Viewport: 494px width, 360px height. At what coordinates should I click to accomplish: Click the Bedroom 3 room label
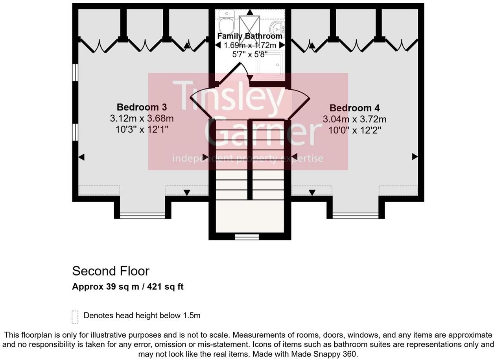[x=142, y=107]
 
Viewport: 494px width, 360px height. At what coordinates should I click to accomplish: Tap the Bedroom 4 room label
[x=355, y=108]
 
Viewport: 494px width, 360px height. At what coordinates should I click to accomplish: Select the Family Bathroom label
[x=250, y=36]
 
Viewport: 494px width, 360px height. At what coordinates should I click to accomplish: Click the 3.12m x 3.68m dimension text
[x=142, y=118]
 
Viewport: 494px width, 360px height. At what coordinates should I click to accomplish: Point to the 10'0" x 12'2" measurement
[x=355, y=130]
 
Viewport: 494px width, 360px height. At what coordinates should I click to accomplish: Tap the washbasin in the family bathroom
[x=277, y=29]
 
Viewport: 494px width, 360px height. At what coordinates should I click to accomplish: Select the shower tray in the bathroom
[x=270, y=65]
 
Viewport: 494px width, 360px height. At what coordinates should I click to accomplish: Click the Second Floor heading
[x=111, y=271]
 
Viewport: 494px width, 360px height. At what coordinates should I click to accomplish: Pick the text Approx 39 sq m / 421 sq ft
[x=128, y=286]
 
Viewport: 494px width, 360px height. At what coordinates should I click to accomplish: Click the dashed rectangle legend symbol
[x=75, y=317]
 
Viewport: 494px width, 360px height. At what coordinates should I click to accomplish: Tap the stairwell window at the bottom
[x=247, y=237]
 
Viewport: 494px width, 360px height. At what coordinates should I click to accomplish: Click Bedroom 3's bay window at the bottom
[x=142, y=216]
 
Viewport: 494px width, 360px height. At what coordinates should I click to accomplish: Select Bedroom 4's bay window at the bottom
[x=356, y=216]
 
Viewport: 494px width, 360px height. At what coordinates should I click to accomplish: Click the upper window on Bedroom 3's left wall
[x=75, y=72]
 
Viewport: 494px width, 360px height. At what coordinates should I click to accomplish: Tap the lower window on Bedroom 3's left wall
[x=75, y=132]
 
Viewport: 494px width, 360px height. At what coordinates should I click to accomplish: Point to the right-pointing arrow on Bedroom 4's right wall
[x=415, y=157]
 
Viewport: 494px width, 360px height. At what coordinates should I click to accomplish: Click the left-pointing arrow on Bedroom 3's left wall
[x=81, y=157]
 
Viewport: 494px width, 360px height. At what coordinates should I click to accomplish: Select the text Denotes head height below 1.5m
[x=142, y=316]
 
